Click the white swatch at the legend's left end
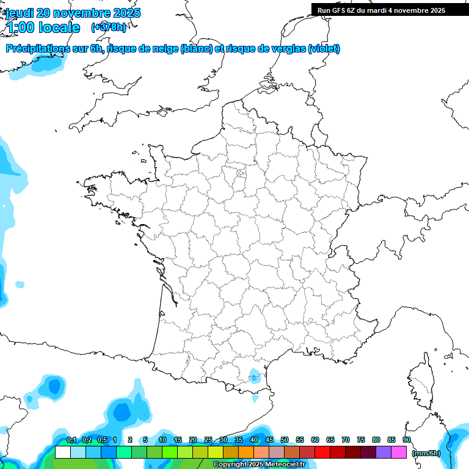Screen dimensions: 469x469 (62, 453)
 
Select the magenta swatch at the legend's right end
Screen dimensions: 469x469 (399, 453)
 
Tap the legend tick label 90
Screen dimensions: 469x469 (407, 440)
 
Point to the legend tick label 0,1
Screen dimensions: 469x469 (71, 440)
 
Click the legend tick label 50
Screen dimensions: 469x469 (285, 440)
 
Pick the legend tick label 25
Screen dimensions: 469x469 (208, 440)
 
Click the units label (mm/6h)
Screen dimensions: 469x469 (426, 453)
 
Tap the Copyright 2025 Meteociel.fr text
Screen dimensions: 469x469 (260, 465)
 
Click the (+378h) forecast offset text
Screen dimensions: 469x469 (109, 27)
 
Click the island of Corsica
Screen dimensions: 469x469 (421, 382)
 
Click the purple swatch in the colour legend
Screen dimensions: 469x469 (384, 453)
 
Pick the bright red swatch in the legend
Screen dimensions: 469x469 (322, 453)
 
